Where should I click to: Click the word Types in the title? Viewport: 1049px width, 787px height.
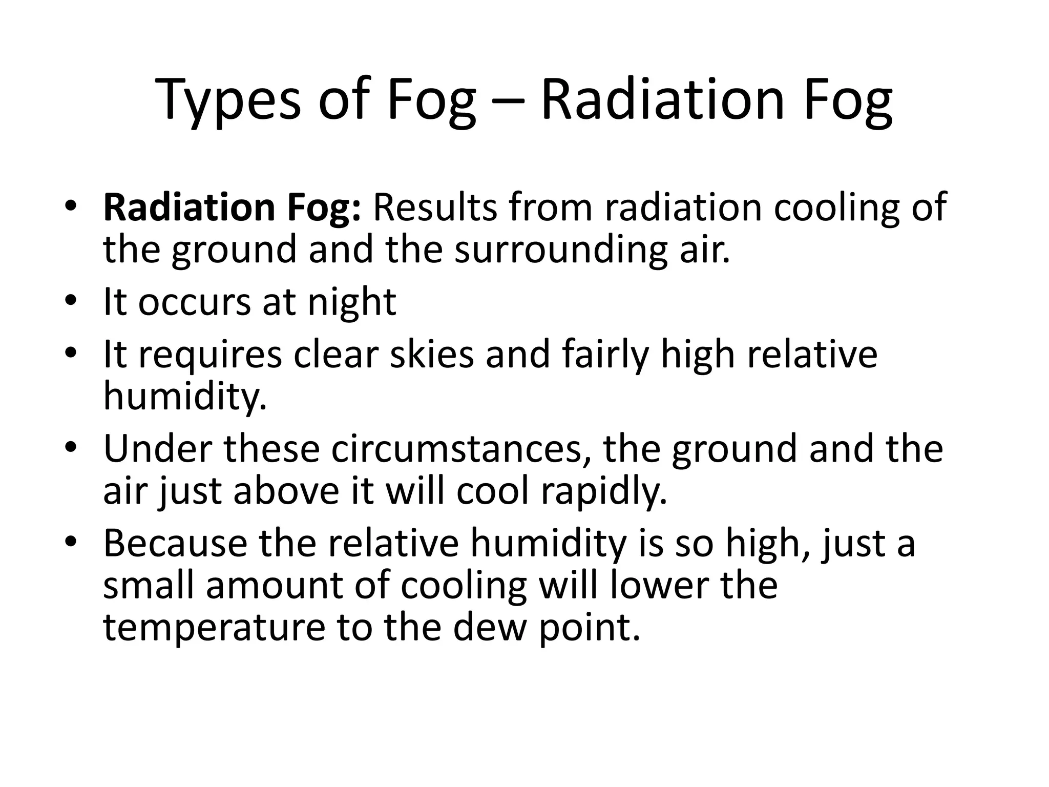228,100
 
